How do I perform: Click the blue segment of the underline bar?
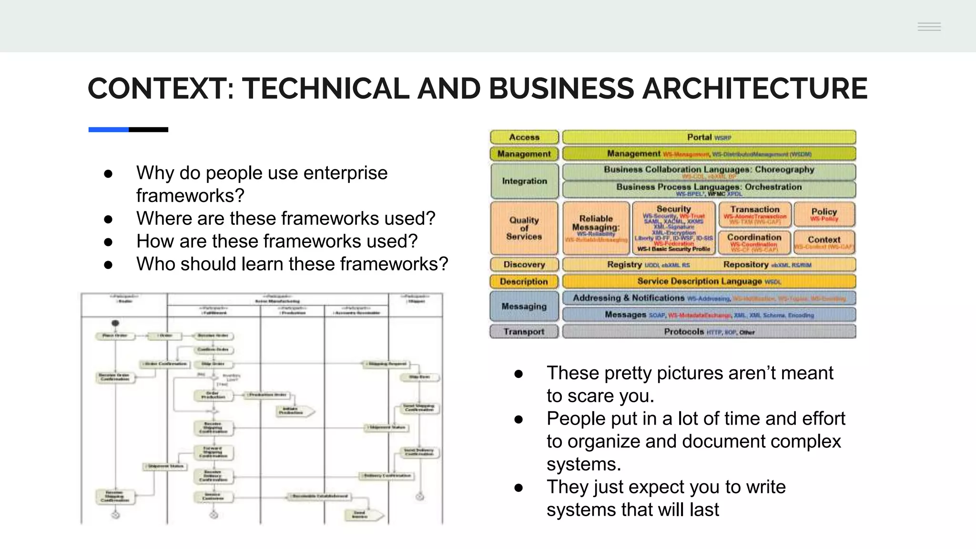tap(108, 130)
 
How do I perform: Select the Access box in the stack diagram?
tap(524, 137)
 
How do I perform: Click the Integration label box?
tap(524, 181)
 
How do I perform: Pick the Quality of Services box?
tap(524, 228)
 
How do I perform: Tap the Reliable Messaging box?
tap(596, 228)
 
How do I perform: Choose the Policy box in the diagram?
tap(824, 214)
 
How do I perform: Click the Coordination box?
tap(754, 242)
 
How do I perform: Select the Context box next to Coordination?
tap(824, 242)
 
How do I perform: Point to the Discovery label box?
tap(524, 264)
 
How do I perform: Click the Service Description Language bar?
tap(709, 282)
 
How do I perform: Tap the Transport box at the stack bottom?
tap(524, 332)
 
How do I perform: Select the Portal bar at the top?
tap(709, 137)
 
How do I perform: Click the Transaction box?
tap(754, 214)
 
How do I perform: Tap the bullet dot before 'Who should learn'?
tap(108, 265)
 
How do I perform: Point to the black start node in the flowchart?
tap(115, 323)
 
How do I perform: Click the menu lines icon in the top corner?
tap(929, 27)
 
